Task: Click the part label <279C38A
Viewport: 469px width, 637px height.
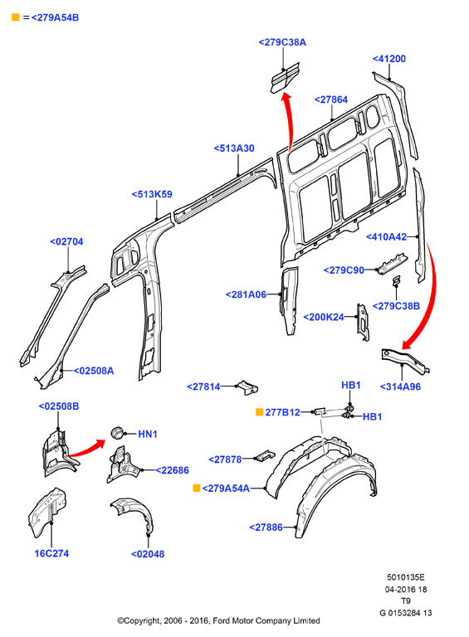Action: pyautogui.click(x=282, y=42)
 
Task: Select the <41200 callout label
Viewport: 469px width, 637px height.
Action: pyautogui.click(x=389, y=59)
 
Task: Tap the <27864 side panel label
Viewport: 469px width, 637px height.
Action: pyautogui.click(x=331, y=100)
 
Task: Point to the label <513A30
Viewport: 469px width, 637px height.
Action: pyautogui.click(x=234, y=148)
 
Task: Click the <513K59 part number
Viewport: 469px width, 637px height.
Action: pyautogui.click(x=152, y=195)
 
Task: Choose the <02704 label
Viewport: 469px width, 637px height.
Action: pyautogui.click(x=66, y=241)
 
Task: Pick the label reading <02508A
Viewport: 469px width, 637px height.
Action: pyautogui.click(x=94, y=371)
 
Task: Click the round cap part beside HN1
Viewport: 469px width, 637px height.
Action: pyautogui.click(x=117, y=433)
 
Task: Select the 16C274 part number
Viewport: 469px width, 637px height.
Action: pyautogui.click(x=51, y=554)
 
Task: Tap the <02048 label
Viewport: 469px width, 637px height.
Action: pyautogui.click(x=148, y=554)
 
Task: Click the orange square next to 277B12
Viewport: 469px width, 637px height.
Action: pyautogui.click(x=259, y=412)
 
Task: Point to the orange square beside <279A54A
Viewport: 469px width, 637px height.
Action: pyautogui.click(x=196, y=488)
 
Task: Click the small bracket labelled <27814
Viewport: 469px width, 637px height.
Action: pyautogui.click(x=247, y=387)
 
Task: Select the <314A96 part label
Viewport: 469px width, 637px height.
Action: pyautogui.click(x=400, y=387)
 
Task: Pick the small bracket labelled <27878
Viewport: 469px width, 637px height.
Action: pyautogui.click(x=265, y=455)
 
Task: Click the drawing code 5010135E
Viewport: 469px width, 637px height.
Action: pyautogui.click(x=406, y=577)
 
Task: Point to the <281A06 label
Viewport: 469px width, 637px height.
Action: pyautogui.click(x=246, y=294)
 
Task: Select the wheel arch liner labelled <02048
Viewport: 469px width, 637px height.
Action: pyautogui.click(x=134, y=514)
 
